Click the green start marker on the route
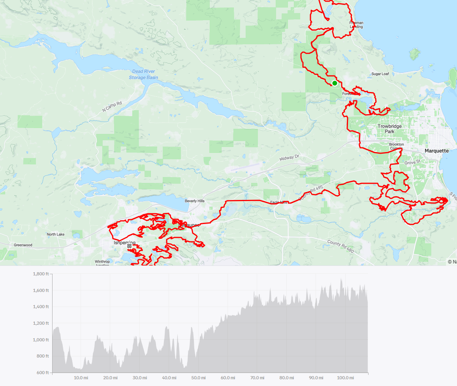[x=335, y=83]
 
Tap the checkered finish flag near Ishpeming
[x=129, y=246]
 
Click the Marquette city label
[x=436, y=151]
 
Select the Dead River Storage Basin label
[x=143, y=74]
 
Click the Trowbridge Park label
[x=389, y=129]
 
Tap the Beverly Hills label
[x=195, y=201]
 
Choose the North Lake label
[x=55, y=234]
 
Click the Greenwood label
[x=23, y=245]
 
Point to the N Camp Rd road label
[x=112, y=106]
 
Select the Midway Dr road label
[x=290, y=158]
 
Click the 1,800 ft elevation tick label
[x=41, y=274]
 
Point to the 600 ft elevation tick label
[x=43, y=373]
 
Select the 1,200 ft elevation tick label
[x=41, y=323]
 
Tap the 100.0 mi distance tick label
[x=345, y=378]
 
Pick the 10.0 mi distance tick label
[x=81, y=378]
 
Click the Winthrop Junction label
[x=102, y=263]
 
